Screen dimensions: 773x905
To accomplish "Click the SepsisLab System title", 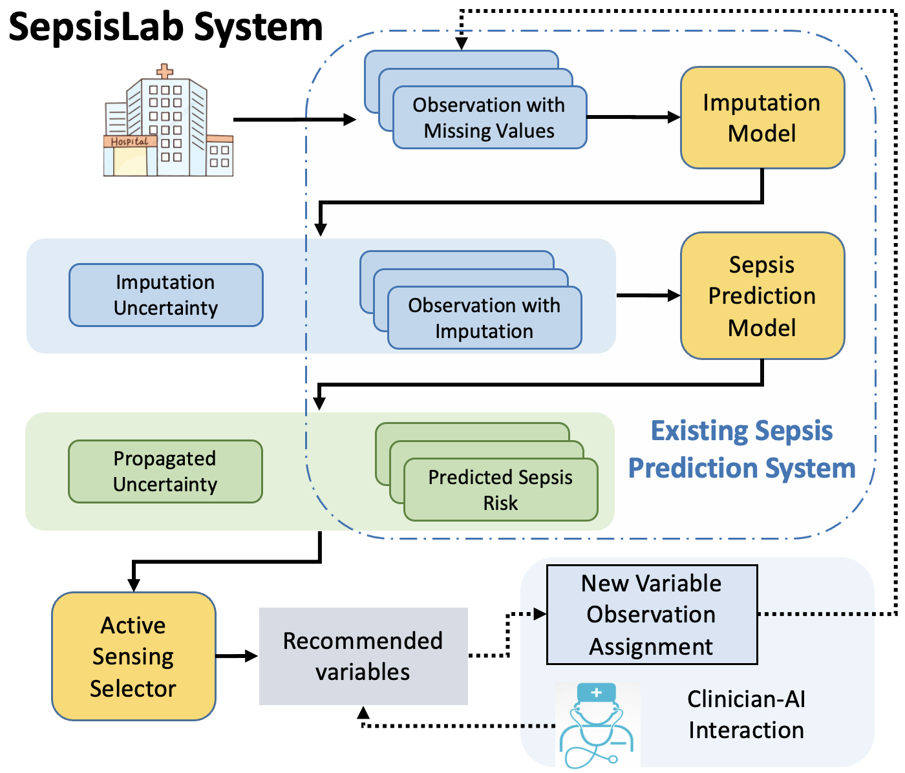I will click(x=165, y=27).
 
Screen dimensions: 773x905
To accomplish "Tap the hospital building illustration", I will click(x=167, y=126).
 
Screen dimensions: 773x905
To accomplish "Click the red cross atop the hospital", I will click(x=165, y=70).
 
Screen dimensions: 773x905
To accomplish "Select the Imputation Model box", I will click(x=762, y=118).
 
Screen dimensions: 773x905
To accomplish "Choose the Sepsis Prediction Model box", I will click(x=762, y=295).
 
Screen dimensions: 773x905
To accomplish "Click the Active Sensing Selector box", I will click(x=133, y=656).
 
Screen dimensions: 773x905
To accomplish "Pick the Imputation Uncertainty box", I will click(x=165, y=295).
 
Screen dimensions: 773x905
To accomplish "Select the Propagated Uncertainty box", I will click(x=165, y=471).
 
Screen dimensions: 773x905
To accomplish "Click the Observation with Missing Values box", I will click(x=489, y=118).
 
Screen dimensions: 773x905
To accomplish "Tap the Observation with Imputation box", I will click(x=484, y=318).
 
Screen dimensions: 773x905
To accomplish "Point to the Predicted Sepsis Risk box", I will click(x=500, y=490).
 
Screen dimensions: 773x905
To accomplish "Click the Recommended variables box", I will click(x=363, y=656).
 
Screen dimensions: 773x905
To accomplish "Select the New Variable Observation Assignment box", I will click(x=652, y=615).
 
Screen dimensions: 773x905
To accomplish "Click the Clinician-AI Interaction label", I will click(x=746, y=714).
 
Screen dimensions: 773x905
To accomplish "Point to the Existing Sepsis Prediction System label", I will click(x=741, y=449).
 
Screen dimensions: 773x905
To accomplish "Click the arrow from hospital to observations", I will click(x=294, y=120).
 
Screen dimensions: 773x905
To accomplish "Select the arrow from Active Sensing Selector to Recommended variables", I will click(x=237, y=656).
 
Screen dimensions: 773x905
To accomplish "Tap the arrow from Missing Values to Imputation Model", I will click(x=633, y=118).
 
